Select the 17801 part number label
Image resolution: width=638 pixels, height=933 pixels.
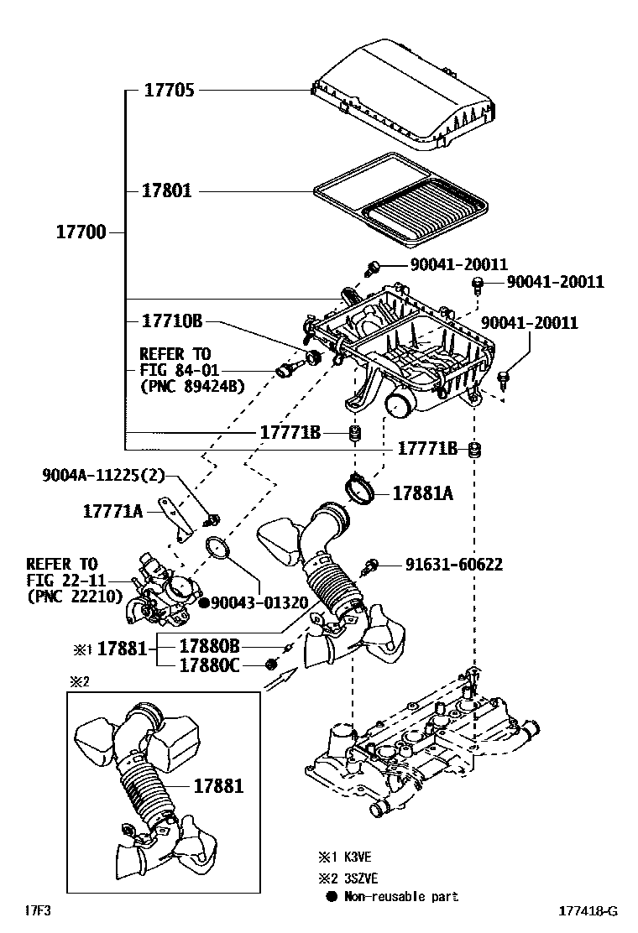[167, 191]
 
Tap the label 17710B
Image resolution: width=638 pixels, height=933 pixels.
[172, 321]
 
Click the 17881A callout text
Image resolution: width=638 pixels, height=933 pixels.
[422, 494]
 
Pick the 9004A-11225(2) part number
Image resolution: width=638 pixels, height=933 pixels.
[103, 476]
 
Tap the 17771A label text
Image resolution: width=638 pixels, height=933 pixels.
[112, 509]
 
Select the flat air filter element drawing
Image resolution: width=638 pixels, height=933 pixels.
[400, 200]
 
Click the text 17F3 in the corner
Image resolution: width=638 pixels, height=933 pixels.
[36, 910]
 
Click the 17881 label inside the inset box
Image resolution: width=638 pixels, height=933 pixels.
[218, 787]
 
